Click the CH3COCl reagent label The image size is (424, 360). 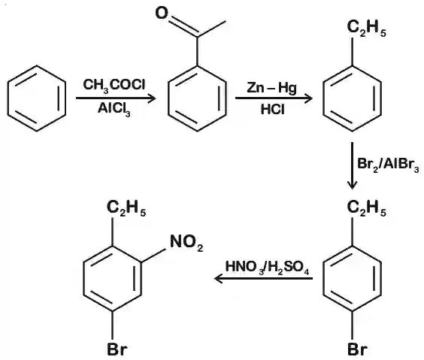[114, 85]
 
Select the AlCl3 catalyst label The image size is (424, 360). [114, 109]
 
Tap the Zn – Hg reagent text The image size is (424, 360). [271, 89]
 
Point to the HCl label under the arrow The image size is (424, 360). [273, 110]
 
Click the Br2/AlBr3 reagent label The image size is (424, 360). [389, 165]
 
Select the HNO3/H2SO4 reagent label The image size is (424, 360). [267, 268]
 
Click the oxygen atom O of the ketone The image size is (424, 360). [162, 13]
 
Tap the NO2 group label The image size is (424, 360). [186, 243]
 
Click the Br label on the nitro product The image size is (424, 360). [117, 349]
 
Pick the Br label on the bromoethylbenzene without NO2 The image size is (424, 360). [358, 349]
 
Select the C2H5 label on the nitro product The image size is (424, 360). [126, 208]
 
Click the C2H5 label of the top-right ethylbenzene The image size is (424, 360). [367, 28]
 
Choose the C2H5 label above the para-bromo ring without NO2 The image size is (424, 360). [367, 208]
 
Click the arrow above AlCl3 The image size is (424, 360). [116, 98]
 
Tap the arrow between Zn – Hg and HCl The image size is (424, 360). [274, 98]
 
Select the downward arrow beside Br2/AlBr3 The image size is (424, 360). [352, 165]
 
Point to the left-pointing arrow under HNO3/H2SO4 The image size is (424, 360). [263, 278]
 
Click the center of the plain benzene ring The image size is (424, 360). [37, 98]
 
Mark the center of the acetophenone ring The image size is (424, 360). [197, 98]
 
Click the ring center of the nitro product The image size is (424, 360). [113, 278]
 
